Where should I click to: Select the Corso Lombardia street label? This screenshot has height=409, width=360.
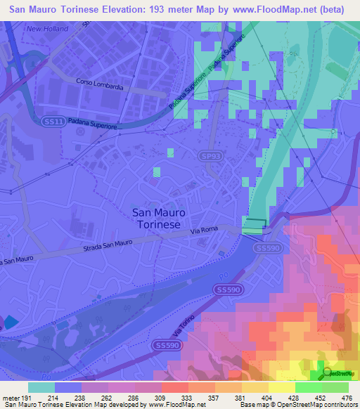tap(101, 82)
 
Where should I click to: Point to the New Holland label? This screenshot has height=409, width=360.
tap(47, 29)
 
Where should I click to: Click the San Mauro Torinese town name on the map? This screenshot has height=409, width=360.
tap(156, 219)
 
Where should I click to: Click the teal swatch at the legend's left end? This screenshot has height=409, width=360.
tap(41, 387)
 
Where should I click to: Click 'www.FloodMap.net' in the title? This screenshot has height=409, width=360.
tap(263, 9)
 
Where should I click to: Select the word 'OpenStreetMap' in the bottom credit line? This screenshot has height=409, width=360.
tap(304, 405)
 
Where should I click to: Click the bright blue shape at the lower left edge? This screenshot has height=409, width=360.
tap(12, 323)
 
